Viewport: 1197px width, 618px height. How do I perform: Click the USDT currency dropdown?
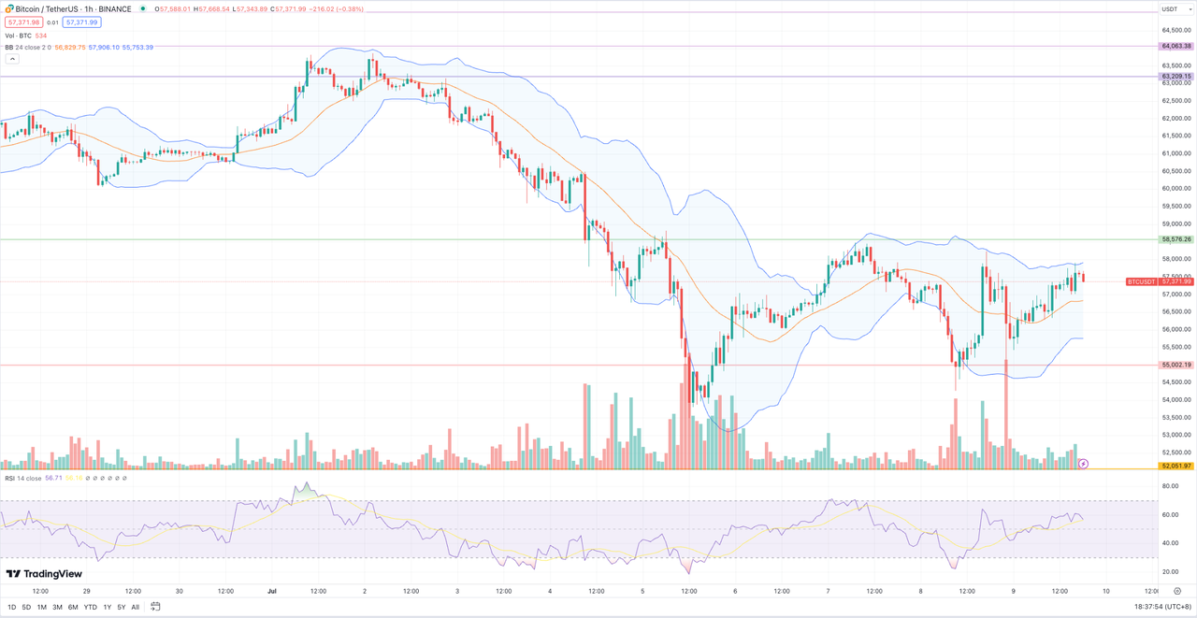1170,8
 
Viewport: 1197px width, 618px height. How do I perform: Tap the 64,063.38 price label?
1175,46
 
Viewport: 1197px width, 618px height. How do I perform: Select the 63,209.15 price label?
1175,76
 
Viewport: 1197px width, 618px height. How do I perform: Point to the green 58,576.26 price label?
1175,239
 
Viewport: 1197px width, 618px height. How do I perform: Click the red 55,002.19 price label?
1175,365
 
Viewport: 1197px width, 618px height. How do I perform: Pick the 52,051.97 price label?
1175,465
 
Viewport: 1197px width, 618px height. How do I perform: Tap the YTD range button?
90,607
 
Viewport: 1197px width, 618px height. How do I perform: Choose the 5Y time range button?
122,607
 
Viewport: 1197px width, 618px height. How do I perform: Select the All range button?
136,607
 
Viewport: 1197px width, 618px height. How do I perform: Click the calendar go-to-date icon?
155,607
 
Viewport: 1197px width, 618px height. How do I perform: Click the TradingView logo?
44,574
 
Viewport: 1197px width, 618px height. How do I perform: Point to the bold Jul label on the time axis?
272,591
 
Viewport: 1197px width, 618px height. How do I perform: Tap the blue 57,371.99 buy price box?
81,22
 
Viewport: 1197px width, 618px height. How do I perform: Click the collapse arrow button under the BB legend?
12,58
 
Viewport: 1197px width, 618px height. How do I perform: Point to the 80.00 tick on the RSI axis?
1169,486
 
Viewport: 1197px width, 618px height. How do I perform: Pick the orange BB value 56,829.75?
70,47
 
